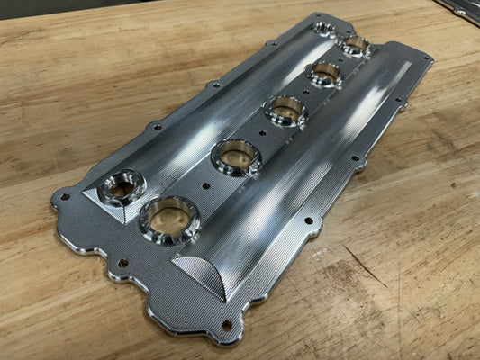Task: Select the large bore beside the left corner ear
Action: tap(122, 186)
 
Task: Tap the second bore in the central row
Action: tap(235, 156)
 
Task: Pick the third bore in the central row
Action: tap(285, 110)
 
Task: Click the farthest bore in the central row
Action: tap(356, 44)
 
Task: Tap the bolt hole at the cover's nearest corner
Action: tap(226, 325)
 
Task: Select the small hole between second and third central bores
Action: tap(262, 134)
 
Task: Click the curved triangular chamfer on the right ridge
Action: tap(200, 270)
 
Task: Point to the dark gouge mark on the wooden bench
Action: tap(365, 265)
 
